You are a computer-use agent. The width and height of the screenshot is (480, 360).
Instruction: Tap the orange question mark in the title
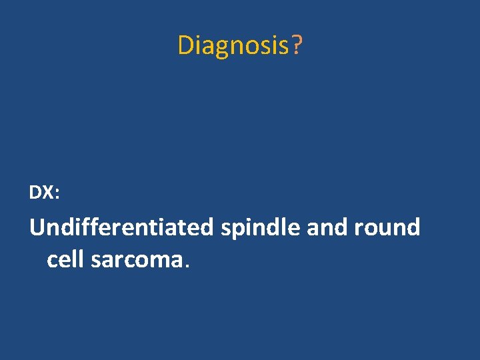coord(297,45)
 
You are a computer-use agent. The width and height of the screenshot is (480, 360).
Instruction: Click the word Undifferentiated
coord(121,227)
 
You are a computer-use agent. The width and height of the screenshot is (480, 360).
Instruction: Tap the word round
coord(388,227)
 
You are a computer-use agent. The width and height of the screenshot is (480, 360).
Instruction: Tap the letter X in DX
coord(49,193)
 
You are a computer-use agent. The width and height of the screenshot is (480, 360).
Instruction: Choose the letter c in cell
coord(52,261)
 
